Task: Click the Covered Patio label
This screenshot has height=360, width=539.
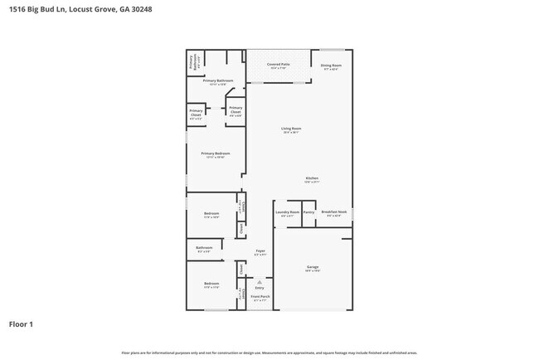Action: (x=278, y=64)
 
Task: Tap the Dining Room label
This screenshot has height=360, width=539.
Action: (x=331, y=66)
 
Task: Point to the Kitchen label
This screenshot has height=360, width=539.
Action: (x=312, y=178)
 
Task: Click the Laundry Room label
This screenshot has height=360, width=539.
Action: (x=287, y=212)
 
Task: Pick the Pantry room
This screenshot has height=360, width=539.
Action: (x=308, y=212)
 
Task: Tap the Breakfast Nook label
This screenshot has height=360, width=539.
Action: (x=333, y=212)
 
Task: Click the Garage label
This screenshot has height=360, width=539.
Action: (x=313, y=267)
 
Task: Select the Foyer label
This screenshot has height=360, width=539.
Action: (x=260, y=251)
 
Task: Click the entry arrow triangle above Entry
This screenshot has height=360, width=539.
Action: (x=260, y=282)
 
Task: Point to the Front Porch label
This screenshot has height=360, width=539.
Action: (x=260, y=296)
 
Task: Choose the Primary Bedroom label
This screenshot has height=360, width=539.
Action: (x=215, y=153)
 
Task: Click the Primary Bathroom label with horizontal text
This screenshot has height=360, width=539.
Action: (x=219, y=80)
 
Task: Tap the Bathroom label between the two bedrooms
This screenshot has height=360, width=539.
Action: (x=205, y=247)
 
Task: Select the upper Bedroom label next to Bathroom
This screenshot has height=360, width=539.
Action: (x=211, y=214)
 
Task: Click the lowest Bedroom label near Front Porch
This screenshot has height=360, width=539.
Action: (x=211, y=285)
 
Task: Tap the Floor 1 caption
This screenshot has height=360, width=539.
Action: (x=22, y=324)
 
